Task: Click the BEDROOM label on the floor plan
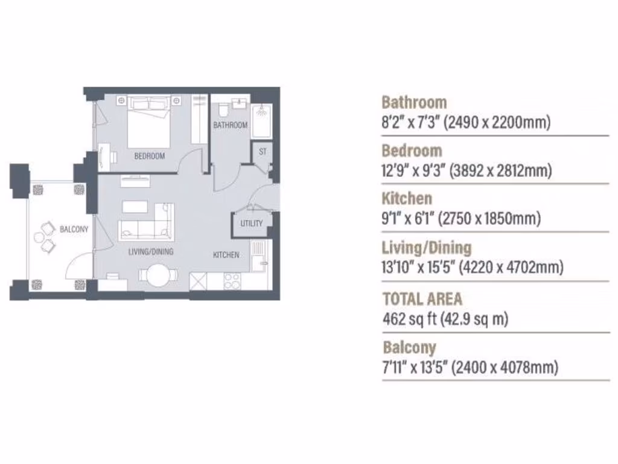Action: pyautogui.click(x=149, y=156)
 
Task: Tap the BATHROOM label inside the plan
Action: pyautogui.click(x=230, y=125)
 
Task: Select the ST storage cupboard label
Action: pyautogui.click(x=263, y=152)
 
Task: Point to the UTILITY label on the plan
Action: pyautogui.click(x=252, y=224)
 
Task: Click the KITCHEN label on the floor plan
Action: pyautogui.click(x=226, y=255)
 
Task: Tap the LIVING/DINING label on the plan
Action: pyautogui.click(x=151, y=251)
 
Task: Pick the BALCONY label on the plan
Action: pyautogui.click(x=74, y=230)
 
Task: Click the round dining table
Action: pyautogui.click(x=159, y=275)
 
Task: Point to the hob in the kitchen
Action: pyautogui.click(x=232, y=281)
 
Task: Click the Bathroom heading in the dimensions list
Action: pyautogui.click(x=414, y=102)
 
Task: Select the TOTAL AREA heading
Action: pyautogui.click(x=422, y=298)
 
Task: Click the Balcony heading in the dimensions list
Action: pyautogui.click(x=409, y=347)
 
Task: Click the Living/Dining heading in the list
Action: pyautogui.click(x=427, y=247)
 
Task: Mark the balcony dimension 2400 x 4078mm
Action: pyautogui.click(x=505, y=367)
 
